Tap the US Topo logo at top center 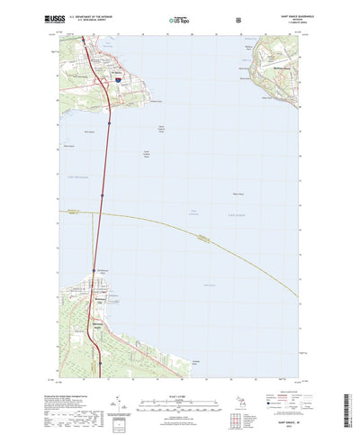[x=181, y=16]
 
